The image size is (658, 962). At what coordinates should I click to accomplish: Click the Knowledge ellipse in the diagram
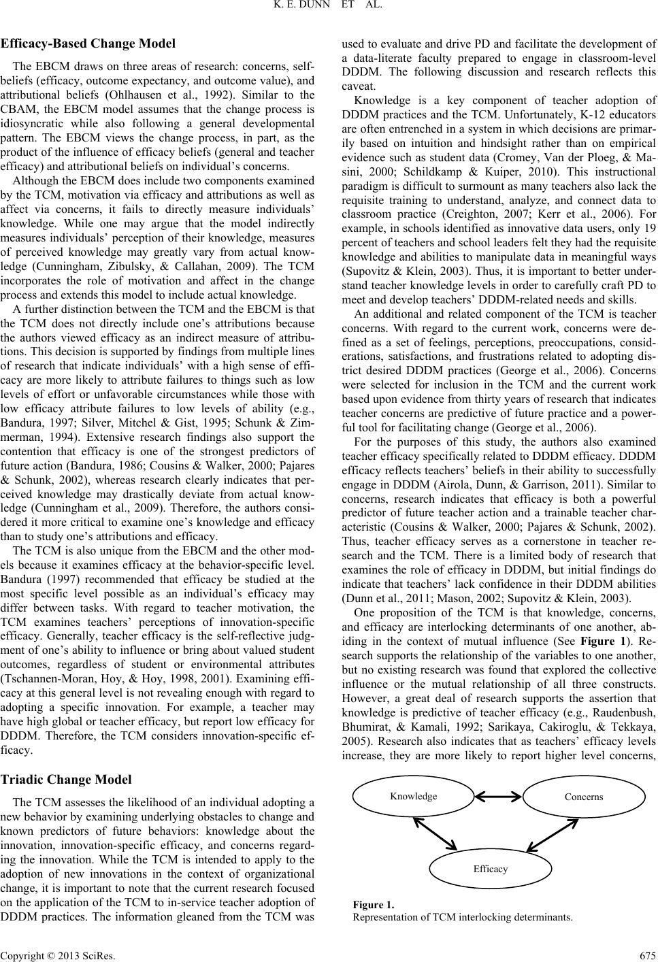(414, 797)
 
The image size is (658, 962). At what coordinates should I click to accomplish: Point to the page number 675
(646, 952)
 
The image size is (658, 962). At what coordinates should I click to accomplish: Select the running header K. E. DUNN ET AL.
(329, 8)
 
